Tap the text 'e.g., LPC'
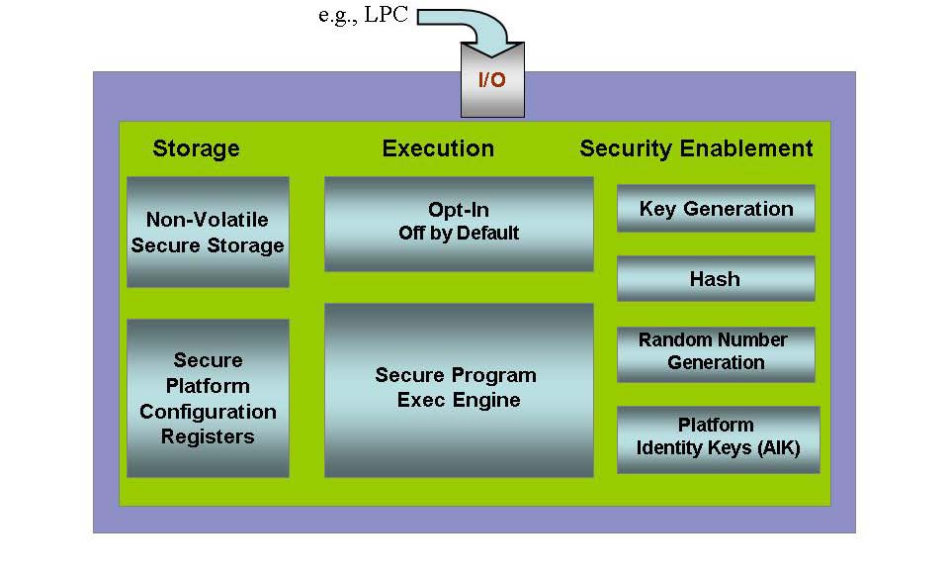click(363, 17)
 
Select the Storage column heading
click(196, 148)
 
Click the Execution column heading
click(438, 148)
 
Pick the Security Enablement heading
click(696, 148)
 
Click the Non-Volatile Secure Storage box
click(208, 233)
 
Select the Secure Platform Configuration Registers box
click(208, 398)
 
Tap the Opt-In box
click(459, 224)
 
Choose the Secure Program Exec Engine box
click(459, 389)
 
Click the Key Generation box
click(716, 209)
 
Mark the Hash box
click(716, 279)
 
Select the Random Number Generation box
click(716, 352)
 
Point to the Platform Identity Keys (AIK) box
click(718, 436)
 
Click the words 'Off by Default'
click(459, 235)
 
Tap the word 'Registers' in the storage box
click(208, 436)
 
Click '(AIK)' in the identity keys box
click(775, 448)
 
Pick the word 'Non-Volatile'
click(207, 220)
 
